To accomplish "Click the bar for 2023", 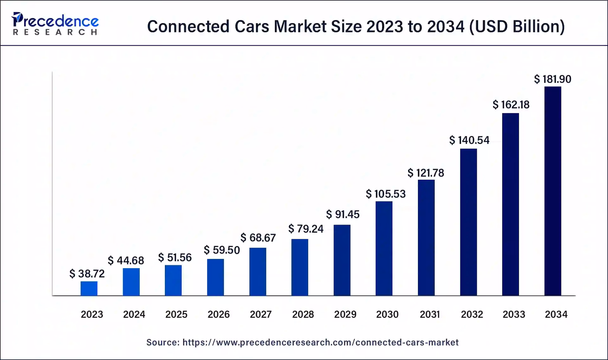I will pos(89,288).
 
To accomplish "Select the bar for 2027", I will pos(258,272).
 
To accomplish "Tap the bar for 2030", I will pos(384,248).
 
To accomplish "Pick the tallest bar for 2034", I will pos(553,191).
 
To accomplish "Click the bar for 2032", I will pos(468,222).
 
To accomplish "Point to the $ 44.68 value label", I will pos(126,260).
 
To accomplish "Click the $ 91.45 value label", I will pos(343,215).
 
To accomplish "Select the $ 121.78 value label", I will pos(426,173).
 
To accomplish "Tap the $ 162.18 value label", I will pos(511,105).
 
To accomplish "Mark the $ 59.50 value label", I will pos(222,250).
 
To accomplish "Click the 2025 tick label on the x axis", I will pos(176,314).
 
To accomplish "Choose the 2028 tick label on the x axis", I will pos(303,314).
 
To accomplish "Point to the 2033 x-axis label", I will pos(514,314).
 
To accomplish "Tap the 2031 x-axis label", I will pos(430,314).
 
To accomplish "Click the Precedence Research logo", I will pos(55,23).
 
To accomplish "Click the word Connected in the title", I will pos(188,26).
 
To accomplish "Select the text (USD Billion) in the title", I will pos(517,26).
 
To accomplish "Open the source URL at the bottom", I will pos(320,342).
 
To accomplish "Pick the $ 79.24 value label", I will pos(306,229).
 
